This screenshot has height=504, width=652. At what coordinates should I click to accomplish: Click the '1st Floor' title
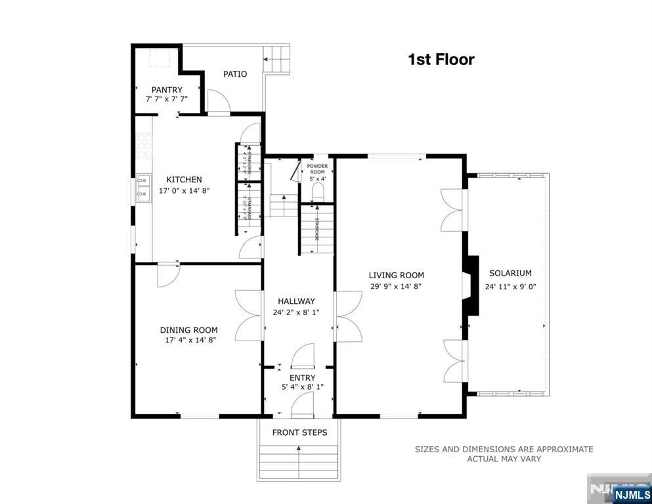[x=441, y=60]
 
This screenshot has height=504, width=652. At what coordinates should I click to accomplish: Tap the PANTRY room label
[x=167, y=90]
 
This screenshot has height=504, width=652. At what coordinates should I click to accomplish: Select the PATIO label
[x=234, y=74]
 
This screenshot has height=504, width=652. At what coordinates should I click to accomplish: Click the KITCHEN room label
[x=184, y=179]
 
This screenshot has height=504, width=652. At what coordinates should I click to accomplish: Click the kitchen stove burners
[x=144, y=146]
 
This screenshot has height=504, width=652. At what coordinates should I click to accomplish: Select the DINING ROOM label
[x=189, y=330]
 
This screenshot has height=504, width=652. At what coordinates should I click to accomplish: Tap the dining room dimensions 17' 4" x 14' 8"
[x=190, y=340]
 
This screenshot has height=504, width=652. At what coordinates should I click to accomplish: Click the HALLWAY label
[x=296, y=301]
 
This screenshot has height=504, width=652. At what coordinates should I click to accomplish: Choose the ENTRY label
[x=302, y=377]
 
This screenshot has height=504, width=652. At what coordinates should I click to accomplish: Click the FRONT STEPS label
[x=299, y=432]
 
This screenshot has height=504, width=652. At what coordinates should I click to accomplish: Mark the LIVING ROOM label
[x=396, y=276]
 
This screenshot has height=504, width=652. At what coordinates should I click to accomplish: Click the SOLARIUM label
[x=510, y=273]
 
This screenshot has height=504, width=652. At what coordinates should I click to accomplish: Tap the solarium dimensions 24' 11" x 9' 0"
[x=510, y=286]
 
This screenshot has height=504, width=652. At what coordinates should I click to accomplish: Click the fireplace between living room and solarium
[x=470, y=286]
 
